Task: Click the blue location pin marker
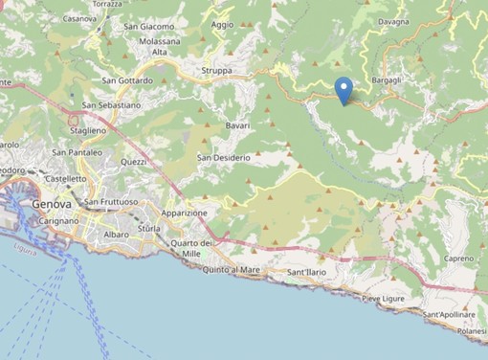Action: point(345,89)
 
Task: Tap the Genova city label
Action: point(51,204)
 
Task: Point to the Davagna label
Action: point(394,20)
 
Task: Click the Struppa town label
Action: point(218,71)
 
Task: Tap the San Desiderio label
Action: point(224,157)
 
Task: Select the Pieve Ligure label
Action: point(383,299)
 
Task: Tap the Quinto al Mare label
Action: point(232,270)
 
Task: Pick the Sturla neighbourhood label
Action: point(149,231)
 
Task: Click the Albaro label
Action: point(116,234)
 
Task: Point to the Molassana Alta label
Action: point(152,48)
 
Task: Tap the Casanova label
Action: point(79,18)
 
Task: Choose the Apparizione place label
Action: point(185,213)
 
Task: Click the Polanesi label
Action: point(471,330)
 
